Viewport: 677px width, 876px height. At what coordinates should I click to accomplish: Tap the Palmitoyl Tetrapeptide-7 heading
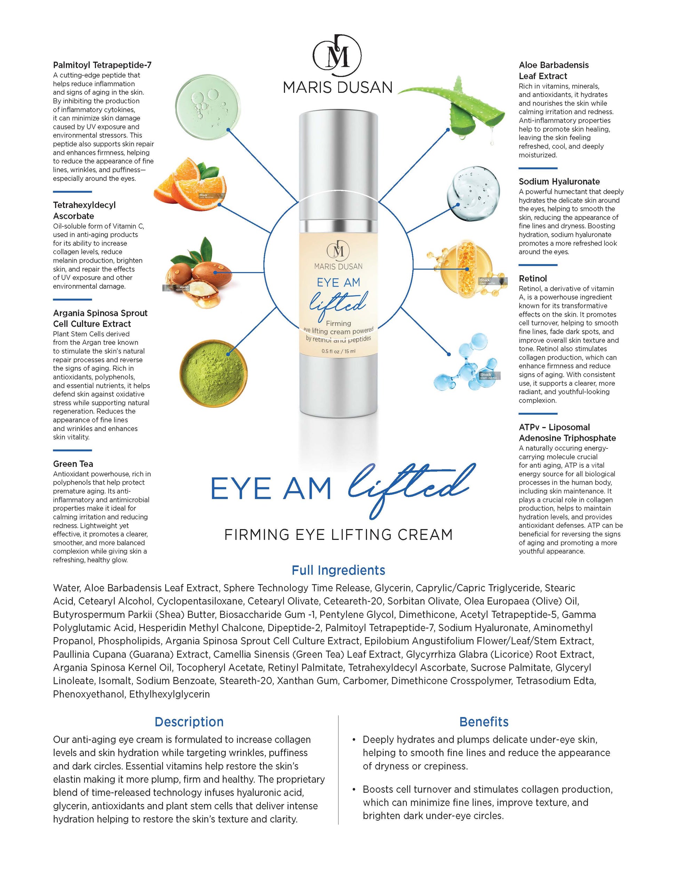point(102,65)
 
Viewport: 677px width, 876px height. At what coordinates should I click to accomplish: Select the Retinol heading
point(533,278)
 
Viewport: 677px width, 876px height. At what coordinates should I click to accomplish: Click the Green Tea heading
point(73,464)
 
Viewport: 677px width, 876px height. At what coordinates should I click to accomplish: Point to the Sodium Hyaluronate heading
point(559,181)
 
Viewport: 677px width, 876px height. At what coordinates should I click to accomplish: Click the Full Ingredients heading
point(338,570)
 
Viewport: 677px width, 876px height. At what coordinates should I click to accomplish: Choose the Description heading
point(189,722)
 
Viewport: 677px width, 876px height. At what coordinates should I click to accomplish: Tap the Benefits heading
point(484,722)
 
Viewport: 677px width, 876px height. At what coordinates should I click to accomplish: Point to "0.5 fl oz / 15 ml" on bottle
point(338,351)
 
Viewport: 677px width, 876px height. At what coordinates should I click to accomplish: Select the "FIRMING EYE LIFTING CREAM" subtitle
point(338,535)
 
